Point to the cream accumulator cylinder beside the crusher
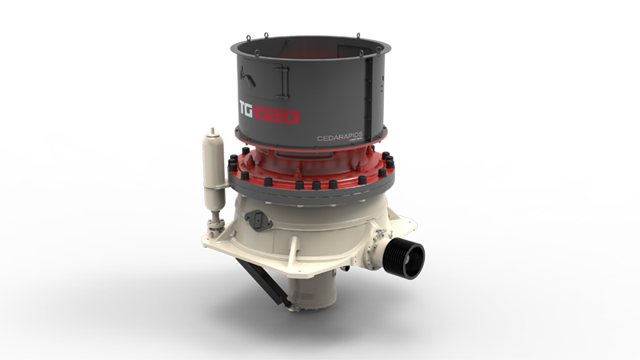tap(212, 168)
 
